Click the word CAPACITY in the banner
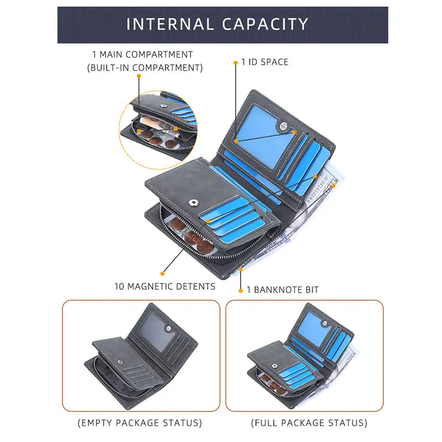tap(266, 24)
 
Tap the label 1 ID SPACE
tap(265, 62)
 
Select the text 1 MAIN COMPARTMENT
tap(143, 55)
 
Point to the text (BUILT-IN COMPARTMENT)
tap(145, 68)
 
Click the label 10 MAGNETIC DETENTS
tap(165, 286)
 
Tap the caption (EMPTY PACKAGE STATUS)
tap(139, 423)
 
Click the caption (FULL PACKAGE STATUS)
tap(309, 423)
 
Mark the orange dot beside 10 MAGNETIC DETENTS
tap(162, 273)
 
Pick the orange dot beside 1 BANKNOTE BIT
tap(240, 290)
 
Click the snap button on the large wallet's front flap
tap(194, 203)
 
